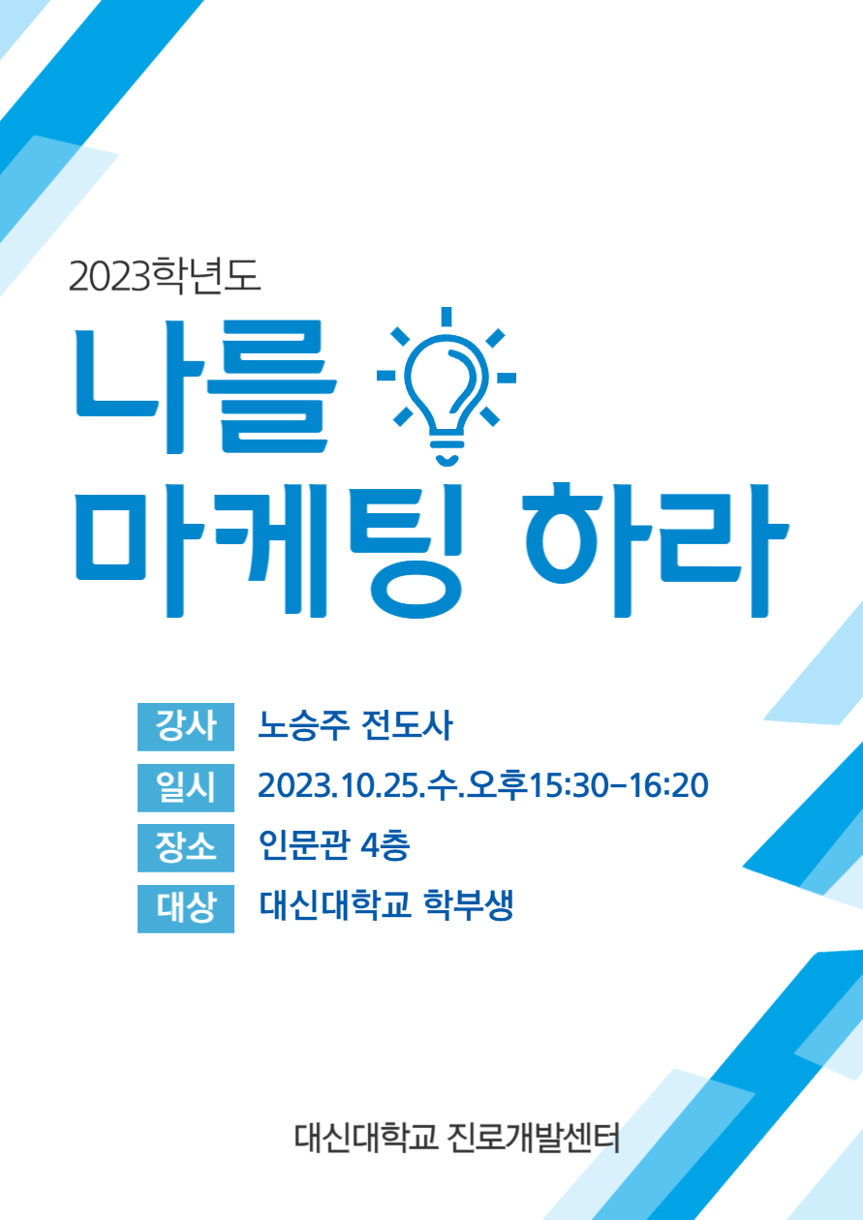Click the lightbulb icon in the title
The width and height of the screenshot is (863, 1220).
(447, 385)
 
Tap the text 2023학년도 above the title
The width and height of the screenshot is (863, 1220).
(165, 276)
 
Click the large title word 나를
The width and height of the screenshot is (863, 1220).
(205, 386)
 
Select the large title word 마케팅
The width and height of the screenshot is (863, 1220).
(269, 550)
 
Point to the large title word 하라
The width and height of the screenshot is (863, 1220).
(656, 550)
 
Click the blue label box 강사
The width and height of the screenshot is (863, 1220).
(186, 726)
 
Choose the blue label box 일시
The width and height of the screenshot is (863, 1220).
(186, 787)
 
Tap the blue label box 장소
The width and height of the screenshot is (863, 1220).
(186, 847)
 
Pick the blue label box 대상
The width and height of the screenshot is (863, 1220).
(186, 908)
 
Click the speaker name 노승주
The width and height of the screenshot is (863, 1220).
(303, 726)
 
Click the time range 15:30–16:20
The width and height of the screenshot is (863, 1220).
(619, 786)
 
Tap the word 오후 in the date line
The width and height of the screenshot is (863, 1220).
(498, 786)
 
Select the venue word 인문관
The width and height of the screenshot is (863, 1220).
(304, 846)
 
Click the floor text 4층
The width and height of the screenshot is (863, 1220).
(385, 846)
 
